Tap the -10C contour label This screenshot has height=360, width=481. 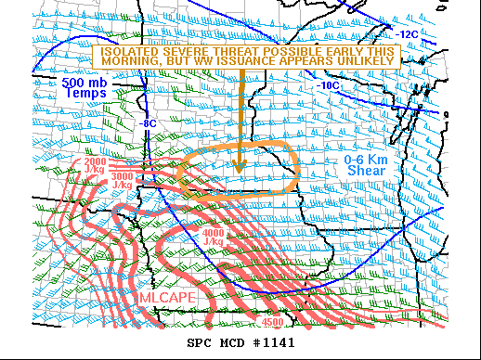click(x=328, y=85)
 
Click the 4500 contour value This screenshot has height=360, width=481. click(x=272, y=322)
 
